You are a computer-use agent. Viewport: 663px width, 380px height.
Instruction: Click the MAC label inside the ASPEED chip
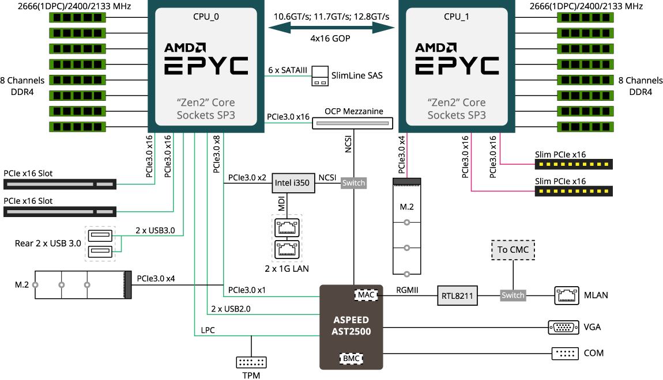366,295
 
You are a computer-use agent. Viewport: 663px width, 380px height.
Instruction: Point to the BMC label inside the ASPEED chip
351,358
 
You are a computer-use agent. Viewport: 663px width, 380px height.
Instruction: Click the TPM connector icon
251,362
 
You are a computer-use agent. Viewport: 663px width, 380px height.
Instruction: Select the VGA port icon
563,328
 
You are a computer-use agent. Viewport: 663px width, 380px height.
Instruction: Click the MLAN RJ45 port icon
567,295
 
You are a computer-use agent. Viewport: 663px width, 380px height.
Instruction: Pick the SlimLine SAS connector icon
320,76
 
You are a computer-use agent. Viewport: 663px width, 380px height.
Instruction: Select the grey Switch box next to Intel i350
353,183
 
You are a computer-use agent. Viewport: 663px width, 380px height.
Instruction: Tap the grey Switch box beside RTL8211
513,295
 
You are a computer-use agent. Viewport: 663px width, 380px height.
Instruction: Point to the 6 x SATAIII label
288,70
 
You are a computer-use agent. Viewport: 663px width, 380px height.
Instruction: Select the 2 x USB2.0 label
231,309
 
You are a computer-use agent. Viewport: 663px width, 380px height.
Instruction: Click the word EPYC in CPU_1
457,65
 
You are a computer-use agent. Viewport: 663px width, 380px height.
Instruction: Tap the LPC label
207,330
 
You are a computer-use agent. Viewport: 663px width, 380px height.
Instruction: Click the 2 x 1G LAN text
286,268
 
